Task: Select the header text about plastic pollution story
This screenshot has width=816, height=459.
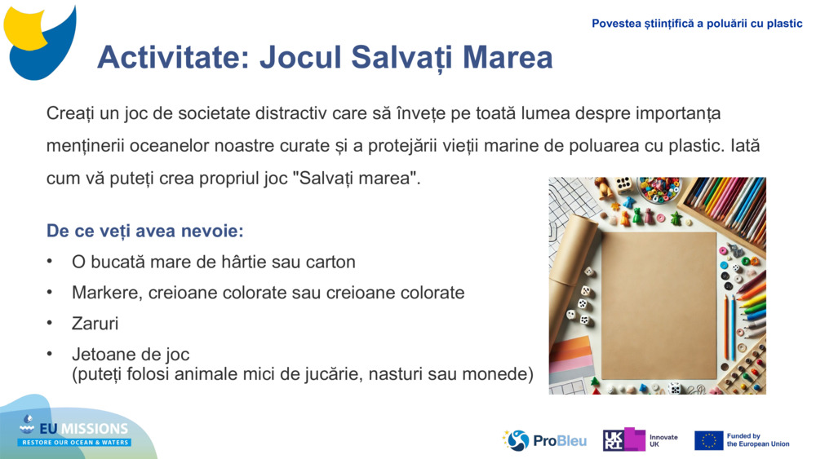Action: tap(697, 24)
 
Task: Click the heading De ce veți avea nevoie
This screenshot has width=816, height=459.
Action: tap(145, 231)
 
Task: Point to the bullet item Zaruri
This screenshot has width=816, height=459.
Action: tap(95, 324)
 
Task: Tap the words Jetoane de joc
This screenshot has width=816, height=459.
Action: tap(131, 355)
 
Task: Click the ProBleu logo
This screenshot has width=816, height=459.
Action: tap(545, 440)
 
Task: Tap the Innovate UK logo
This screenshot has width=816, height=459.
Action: tap(641, 440)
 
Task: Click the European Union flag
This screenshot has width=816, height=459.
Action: tap(708, 440)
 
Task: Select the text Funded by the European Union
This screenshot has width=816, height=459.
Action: tap(757, 440)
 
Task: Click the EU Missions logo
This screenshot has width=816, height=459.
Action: tap(75, 432)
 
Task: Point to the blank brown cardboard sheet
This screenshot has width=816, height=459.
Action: tap(658, 305)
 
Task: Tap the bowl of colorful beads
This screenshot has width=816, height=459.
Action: tap(659, 189)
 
